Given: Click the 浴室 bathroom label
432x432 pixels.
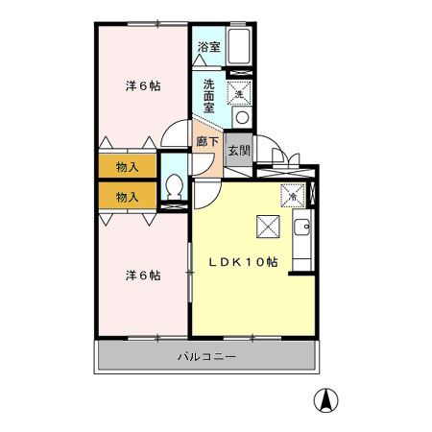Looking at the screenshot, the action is point(208,47).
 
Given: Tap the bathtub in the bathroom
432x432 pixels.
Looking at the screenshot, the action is point(239,47).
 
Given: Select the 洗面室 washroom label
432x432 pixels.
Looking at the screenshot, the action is point(209,96).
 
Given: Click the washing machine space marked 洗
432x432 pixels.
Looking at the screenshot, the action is point(239,93).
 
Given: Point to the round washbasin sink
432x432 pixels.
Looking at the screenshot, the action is point(242,117).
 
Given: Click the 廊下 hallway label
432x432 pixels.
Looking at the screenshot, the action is point(207,142).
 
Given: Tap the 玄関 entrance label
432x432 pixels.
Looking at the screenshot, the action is point(239,151).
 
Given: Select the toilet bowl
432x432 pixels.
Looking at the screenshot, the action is point(175,187).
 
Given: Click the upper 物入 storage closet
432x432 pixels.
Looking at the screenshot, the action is point(128,166).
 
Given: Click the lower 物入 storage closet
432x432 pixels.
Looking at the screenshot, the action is point(128,197).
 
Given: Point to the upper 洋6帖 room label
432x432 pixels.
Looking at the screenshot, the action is point(143,85).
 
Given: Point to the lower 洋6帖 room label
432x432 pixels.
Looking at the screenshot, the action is point(143,276).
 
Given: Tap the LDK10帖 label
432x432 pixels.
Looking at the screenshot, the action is point(243,262).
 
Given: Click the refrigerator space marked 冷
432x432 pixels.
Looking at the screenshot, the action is point(293,196).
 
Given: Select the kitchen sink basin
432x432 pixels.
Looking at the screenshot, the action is point(301,228).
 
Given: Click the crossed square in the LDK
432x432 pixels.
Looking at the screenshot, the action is point(268,227).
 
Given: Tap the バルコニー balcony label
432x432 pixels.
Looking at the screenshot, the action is point(206,356).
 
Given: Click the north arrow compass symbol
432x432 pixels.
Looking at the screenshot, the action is point(326,400).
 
